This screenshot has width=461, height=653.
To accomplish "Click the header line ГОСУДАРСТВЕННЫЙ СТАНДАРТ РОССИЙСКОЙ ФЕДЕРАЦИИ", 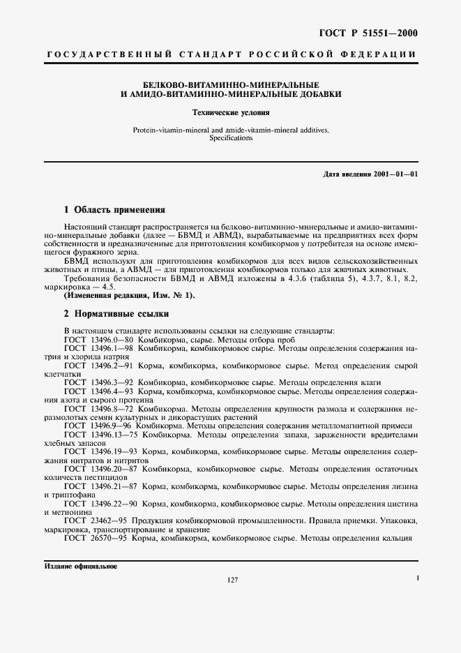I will (230, 54).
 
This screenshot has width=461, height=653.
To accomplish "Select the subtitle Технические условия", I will (230, 112).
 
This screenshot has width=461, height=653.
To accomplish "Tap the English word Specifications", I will (230, 138).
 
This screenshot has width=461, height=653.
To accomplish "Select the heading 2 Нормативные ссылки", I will (116, 314).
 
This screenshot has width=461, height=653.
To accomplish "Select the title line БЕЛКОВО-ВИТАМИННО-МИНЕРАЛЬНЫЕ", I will (230, 83).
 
